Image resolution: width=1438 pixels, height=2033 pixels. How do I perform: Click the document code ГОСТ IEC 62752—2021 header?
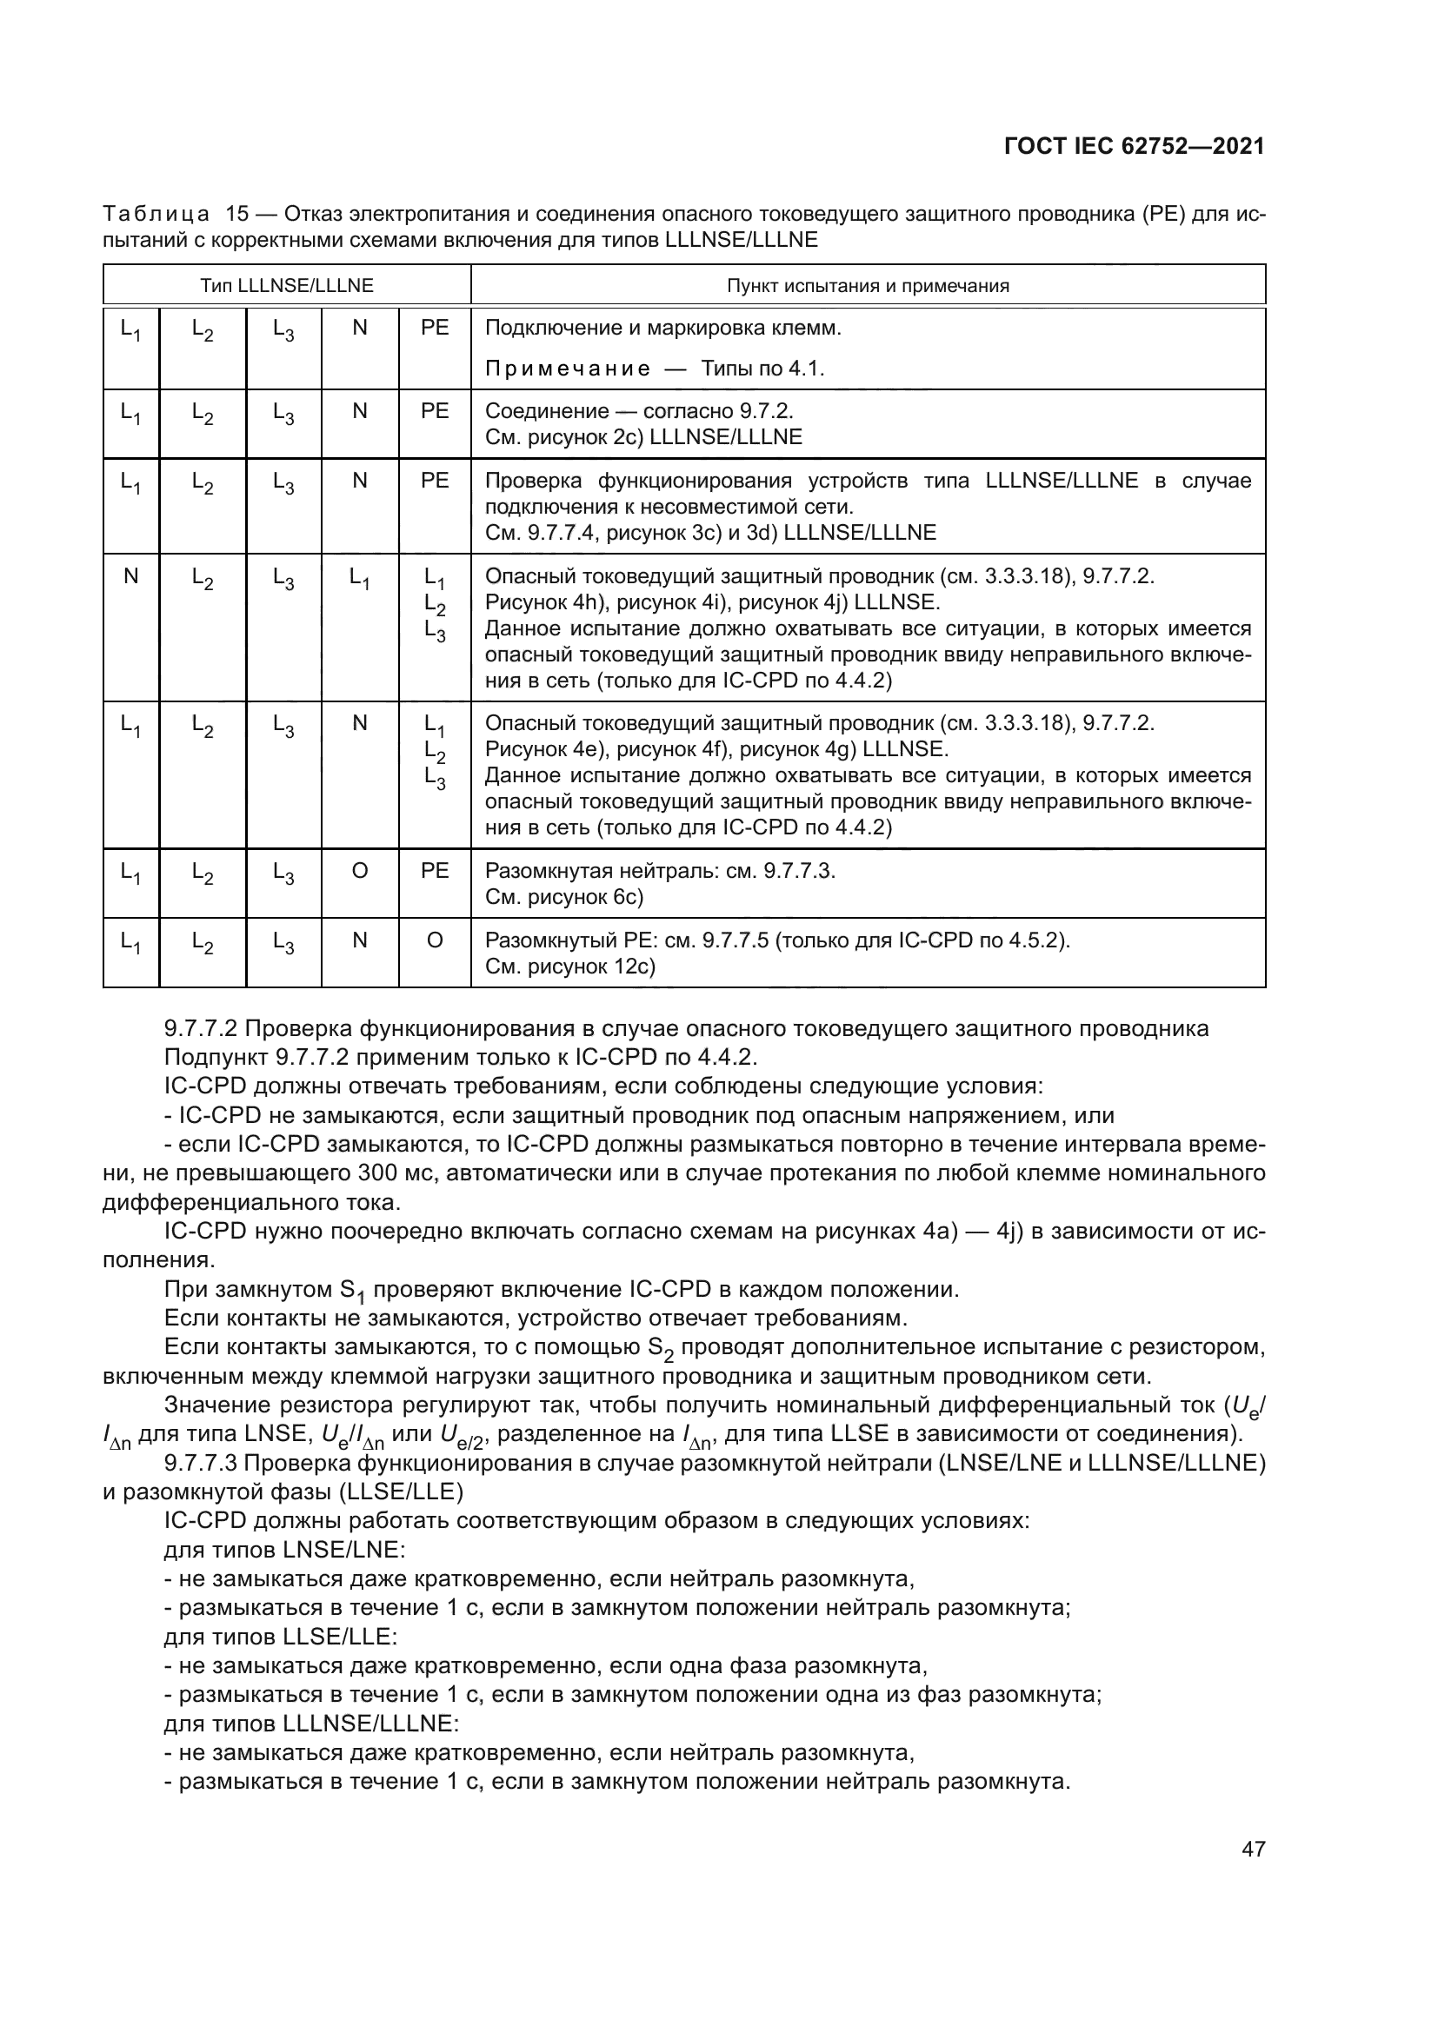(1135, 146)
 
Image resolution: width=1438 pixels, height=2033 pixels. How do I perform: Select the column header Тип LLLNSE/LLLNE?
(286, 285)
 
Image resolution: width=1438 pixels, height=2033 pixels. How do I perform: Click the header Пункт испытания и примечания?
(868, 285)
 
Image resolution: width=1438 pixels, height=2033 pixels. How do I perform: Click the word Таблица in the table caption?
(156, 215)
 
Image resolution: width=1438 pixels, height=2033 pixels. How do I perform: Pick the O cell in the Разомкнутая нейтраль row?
(360, 871)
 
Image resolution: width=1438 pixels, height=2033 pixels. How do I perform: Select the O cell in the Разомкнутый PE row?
(434, 940)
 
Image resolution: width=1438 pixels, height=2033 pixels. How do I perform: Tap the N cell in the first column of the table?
(131, 576)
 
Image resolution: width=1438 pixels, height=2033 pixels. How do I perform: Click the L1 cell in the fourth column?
(360, 579)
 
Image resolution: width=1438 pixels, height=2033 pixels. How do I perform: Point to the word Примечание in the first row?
(568, 369)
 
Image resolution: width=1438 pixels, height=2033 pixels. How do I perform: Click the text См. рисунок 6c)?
(564, 897)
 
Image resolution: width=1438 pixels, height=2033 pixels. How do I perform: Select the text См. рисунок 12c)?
(570, 966)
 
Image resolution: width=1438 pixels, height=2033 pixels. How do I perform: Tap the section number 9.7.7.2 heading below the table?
(201, 1029)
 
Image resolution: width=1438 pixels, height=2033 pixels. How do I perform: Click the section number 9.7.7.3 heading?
(201, 1463)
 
